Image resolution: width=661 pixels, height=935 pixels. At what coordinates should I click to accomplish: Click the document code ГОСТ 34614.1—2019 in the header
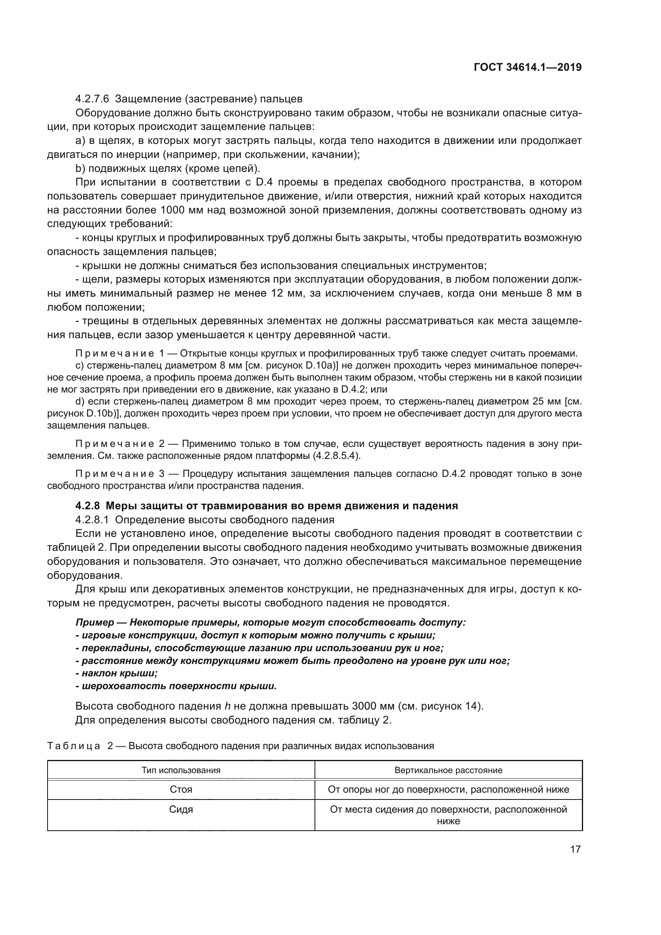point(528,68)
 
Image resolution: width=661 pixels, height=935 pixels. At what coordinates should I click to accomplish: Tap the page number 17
point(575,849)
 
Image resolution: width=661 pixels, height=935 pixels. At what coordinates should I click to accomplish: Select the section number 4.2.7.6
point(92,99)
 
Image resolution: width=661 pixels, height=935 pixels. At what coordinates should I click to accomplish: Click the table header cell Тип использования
point(181,770)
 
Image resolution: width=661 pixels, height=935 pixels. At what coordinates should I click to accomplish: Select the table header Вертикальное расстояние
point(448,770)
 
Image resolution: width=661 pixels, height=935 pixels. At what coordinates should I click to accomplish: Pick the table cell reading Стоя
point(181,789)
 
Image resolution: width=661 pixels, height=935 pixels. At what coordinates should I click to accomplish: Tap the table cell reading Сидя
point(181,809)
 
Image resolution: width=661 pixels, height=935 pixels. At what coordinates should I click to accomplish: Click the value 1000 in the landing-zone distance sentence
point(173,210)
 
